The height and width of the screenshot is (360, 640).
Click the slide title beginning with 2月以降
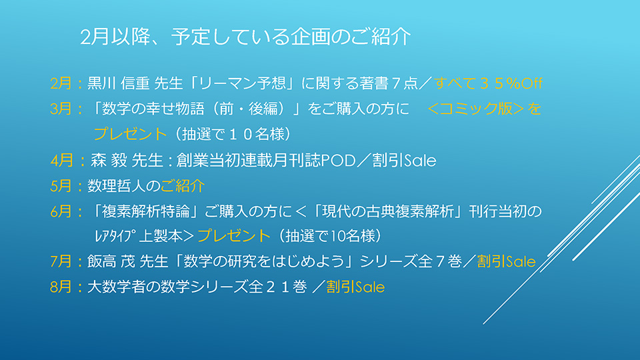pyautogui.click(x=245, y=37)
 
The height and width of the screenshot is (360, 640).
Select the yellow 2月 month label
pyautogui.click(x=61, y=83)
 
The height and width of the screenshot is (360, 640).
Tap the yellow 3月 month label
pyautogui.click(x=61, y=109)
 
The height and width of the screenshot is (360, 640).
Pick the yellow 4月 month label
pyautogui.click(x=61, y=161)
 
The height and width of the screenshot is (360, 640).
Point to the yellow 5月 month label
pyautogui.click(x=61, y=186)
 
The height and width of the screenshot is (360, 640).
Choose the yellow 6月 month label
pyautogui.click(x=61, y=211)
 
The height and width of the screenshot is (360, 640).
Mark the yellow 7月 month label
pyautogui.click(x=61, y=261)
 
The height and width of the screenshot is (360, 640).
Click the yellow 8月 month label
pyautogui.click(x=61, y=287)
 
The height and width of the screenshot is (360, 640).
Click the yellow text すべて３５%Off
pyautogui.click(x=488, y=83)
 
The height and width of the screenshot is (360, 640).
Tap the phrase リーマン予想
pyautogui.click(x=243, y=83)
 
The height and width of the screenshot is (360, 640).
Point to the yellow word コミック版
pyautogui.click(x=476, y=109)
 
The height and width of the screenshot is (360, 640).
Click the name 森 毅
pyautogui.click(x=109, y=161)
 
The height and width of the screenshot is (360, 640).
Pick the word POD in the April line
pyautogui.click(x=339, y=161)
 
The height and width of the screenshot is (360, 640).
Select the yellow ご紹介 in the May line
pyautogui.click(x=183, y=186)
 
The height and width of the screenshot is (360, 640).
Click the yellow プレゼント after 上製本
pyautogui.click(x=234, y=236)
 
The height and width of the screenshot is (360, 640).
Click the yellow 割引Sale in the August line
pyautogui.click(x=355, y=287)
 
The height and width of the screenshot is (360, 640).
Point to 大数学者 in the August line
pyautogui.click(x=116, y=287)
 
